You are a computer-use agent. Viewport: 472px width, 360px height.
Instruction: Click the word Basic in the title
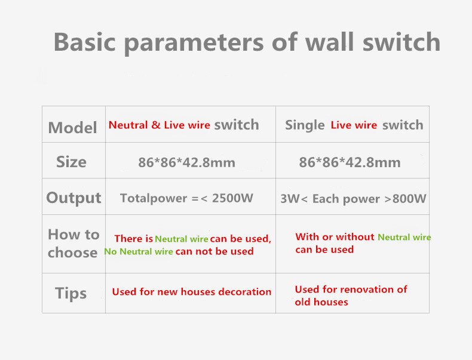(x=85, y=42)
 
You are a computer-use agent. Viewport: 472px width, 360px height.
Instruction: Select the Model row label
(x=72, y=128)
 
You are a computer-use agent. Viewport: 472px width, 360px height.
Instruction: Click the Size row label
(x=71, y=162)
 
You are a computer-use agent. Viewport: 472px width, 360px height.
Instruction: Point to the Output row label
(x=73, y=198)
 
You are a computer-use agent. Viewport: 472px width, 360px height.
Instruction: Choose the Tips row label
(x=71, y=293)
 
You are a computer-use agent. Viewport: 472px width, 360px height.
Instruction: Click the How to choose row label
(x=73, y=243)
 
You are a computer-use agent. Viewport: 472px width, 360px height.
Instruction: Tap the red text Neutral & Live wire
(x=160, y=125)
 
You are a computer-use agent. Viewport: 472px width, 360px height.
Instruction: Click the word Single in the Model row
(x=305, y=125)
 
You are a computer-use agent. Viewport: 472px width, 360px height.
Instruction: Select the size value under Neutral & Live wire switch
(x=186, y=162)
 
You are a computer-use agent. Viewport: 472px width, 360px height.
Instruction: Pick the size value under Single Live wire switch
(x=350, y=162)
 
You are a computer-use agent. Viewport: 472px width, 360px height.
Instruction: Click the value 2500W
(x=232, y=198)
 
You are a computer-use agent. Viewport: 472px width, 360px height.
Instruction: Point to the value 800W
(x=409, y=198)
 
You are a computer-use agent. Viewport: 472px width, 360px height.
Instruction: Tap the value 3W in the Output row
(x=290, y=199)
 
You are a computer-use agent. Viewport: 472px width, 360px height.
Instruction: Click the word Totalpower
(x=154, y=198)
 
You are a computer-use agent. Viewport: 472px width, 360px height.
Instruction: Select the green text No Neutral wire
(x=139, y=251)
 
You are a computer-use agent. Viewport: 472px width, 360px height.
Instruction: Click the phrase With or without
(x=335, y=237)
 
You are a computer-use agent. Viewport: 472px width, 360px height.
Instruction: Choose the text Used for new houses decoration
(x=192, y=292)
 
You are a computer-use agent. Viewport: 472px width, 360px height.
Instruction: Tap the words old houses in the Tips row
(x=321, y=302)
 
